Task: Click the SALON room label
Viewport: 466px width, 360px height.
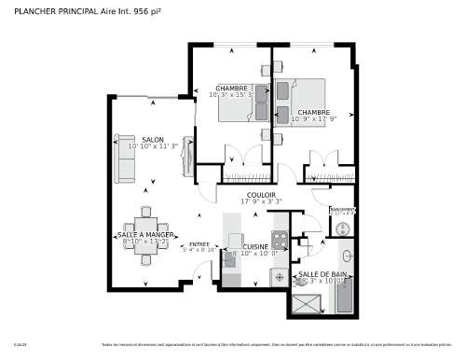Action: click(x=152, y=139)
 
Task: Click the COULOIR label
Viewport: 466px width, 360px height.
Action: click(x=261, y=194)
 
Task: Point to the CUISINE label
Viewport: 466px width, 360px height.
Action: click(x=255, y=246)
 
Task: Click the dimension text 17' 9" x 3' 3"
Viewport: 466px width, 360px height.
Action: click(x=261, y=201)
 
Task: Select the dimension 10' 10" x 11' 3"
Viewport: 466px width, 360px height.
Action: click(x=153, y=146)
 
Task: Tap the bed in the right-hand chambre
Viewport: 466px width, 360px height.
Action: click(x=307, y=97)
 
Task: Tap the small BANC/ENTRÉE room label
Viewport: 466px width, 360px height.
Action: click(x=342, y=211)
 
